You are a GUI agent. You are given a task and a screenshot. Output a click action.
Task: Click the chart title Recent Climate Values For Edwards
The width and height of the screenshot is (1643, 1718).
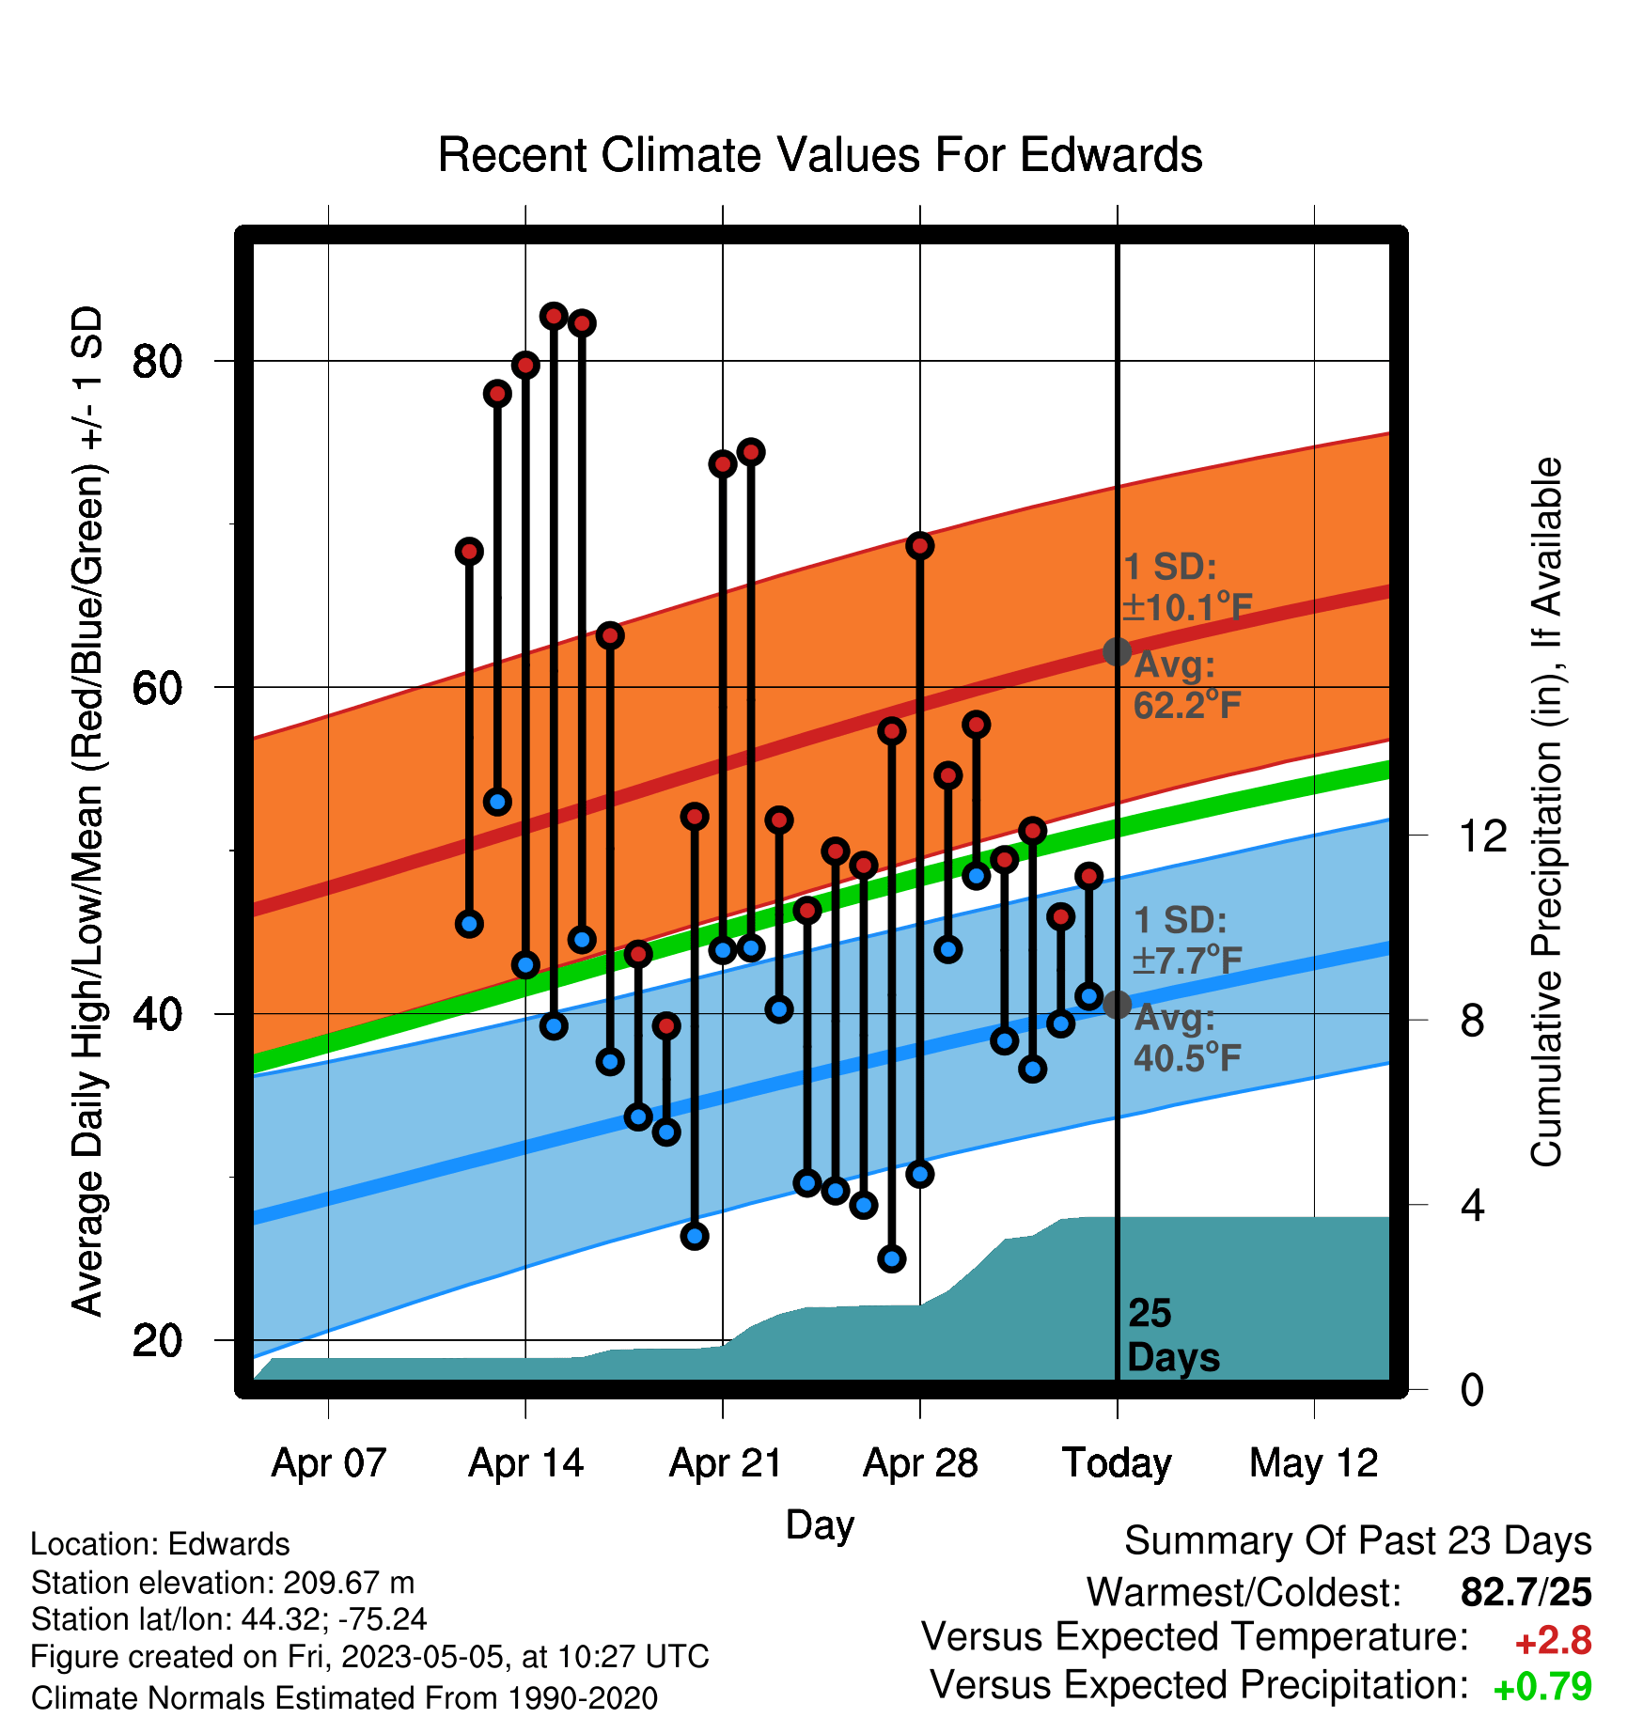pyautogui.click(x=820, y=155)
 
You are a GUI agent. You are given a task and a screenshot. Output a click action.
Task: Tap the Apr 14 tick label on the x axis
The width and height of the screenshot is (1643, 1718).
pyautogui.click(x=525, y=1463)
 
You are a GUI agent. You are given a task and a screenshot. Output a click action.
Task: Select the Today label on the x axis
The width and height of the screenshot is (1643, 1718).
pyautogui.click(x=1117, y=1463)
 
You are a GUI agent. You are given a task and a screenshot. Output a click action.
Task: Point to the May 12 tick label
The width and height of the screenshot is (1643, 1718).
pyautogui.click(x=1313, y=1463)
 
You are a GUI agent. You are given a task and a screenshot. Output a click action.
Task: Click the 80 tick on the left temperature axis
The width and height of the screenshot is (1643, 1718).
pyautogui.click(x=157, y=361)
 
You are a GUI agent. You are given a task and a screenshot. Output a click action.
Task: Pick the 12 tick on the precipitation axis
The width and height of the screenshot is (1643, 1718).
pyautogui.click(x=1482, y=836)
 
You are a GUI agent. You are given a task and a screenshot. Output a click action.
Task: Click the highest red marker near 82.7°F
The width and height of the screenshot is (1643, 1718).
pyautogui.click(x=554, y=316)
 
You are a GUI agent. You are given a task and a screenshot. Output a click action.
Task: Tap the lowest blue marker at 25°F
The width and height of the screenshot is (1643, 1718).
pyautogui.click(x=892, y=1258)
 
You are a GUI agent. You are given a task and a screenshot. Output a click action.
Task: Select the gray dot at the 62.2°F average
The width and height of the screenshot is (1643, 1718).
pyautogui.click(x=1117, y=651)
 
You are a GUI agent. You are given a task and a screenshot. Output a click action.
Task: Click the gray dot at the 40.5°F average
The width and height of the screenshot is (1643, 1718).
pyautogui.click(x=1117, y=1005)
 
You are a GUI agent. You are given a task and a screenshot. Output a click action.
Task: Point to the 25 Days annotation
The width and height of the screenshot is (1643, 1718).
pyautogui.click(x=1173, y=1335)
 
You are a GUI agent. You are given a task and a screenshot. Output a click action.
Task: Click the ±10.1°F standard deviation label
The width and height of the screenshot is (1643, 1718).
pyautogui.click(x=1187, y=607)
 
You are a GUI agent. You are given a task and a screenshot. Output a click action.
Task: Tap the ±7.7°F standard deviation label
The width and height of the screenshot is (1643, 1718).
pyautogui.click(x=1187, y=960)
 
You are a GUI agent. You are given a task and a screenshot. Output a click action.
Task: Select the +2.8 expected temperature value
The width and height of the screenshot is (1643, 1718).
pyautogui.click(x=1553, y=1641)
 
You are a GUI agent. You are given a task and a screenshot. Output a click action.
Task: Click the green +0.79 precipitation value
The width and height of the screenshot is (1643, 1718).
pyautogui.click(x=1542, y=1687)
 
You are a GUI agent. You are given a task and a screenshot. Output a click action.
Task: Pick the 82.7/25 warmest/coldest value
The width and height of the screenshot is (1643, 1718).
pyautogui.click(x=1526, y=1592)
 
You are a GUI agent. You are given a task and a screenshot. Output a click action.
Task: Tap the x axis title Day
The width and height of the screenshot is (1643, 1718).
pyautogui.click(x=820, y=1525)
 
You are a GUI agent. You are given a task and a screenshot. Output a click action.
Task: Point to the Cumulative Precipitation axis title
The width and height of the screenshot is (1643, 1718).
pyautogui.click(x=1546, y=812)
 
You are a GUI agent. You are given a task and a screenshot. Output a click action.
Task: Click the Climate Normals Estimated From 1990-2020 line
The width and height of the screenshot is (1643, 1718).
pyautogui.click(x=344, y=1698)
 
